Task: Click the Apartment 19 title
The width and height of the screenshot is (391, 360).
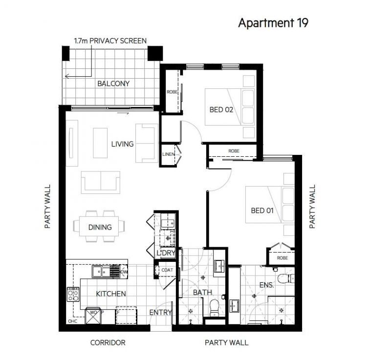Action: [x=273, y=23]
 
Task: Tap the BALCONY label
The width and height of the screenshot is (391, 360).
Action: [x=113, y=84]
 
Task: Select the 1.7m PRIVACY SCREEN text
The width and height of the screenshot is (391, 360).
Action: [x=109, y=41]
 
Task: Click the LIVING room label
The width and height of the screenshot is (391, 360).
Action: [x=122, y=144]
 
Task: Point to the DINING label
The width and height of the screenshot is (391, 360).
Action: [x=100, y=227]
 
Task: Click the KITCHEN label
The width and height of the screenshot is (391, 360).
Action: [x=111, y=294]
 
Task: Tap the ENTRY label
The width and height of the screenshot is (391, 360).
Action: [x=160, y=313]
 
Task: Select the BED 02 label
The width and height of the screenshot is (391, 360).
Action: [x=221, y=109]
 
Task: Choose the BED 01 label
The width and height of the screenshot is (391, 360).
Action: [x=262, y=211]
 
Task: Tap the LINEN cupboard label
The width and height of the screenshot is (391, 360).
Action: [x=168, y=154]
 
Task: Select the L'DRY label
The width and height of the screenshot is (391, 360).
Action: [x=165, y=253]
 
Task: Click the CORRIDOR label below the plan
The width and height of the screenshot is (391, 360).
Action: [x=108, y=342]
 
